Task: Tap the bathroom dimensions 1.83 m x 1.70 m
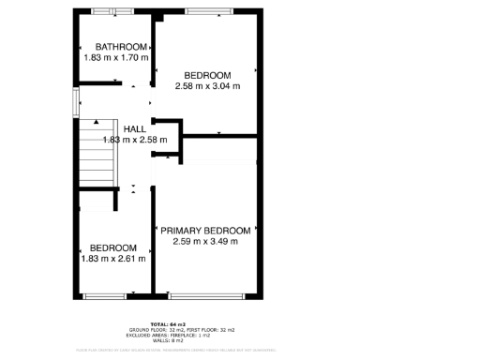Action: point(115,58)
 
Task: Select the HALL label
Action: point(134,129)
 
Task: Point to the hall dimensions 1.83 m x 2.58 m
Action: point(134,141)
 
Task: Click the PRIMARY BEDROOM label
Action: point(205,231)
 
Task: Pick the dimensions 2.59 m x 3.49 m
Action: point(205,242)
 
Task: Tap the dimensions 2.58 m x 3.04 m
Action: point(207,86)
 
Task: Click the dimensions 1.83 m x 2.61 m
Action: point(113,259)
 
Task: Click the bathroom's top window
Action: point(110,12)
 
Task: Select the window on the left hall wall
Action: point(74,102)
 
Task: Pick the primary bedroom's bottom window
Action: point(205,295)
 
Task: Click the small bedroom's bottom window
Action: point(102,295)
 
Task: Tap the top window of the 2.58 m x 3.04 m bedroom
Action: point(207,12)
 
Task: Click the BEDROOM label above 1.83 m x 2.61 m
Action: point(113,247)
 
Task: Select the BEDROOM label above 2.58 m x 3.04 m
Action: point(207,76)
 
